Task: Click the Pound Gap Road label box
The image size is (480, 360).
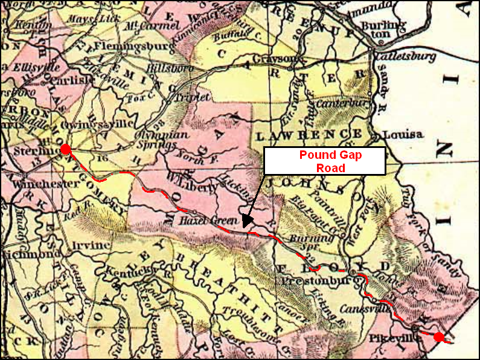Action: point(325,161)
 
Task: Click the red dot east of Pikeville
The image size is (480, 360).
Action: point(439,337)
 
